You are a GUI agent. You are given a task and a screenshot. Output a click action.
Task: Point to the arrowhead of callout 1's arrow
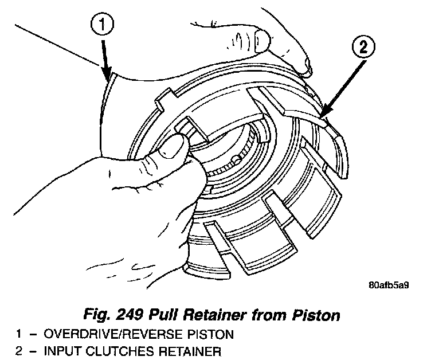107,77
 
